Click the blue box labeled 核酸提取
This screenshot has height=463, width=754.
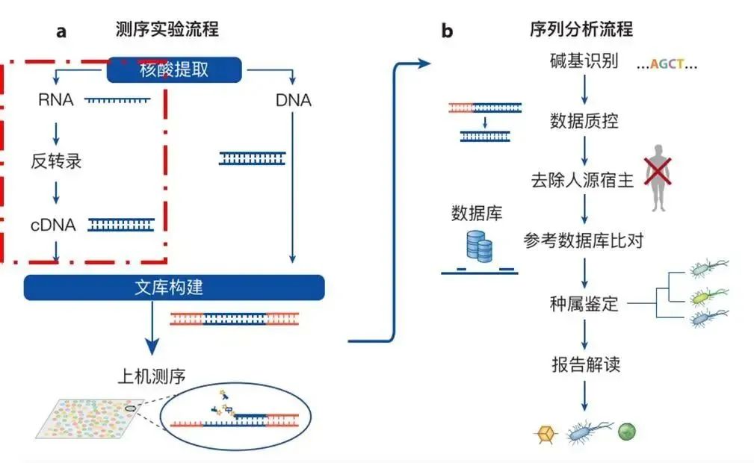coord(174,70)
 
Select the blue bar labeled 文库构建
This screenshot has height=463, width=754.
coord(173,288)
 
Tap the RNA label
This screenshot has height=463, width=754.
coord(56,99)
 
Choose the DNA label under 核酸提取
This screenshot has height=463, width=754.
coord(292,100)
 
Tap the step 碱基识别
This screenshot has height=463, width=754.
coord(584,62)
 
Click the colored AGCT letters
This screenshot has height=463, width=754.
coord(667,64)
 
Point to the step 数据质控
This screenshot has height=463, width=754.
coord(584,120)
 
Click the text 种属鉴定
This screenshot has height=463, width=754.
coord(584,304)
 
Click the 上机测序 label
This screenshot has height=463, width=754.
coord(152,376)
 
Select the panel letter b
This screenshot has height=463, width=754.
coord(447,31)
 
